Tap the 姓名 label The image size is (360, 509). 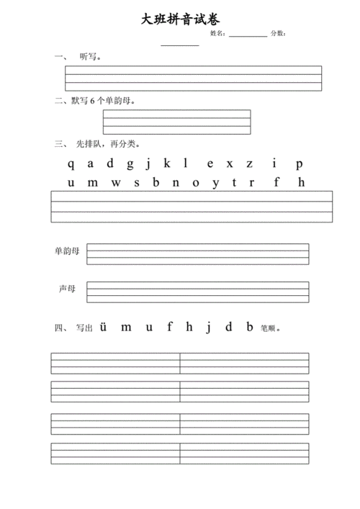[x=217, y=34]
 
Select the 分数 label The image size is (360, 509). [x=278, y=34]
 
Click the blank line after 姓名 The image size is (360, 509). [x=248, y=35]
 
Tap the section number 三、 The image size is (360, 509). [x=60, y=144]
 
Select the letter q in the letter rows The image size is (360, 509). [x=71, y=163]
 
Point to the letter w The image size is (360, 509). [x=116, y=182]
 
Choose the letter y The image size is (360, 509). [x=215, y=182]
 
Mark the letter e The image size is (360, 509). [x=210, y=163]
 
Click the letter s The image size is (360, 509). [x=136, y=182]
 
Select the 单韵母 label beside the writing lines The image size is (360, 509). [x=67, y=251]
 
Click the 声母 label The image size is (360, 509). [x=67, y=289]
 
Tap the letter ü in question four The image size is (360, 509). [x=104, y=327]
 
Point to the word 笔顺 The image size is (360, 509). [x=267, y=328]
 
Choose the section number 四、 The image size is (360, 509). [x=60, y=328]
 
